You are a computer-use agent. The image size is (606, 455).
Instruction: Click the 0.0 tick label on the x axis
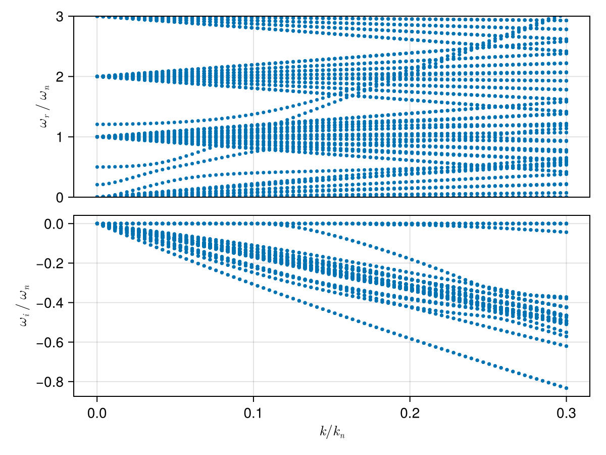click(x=96, y=413)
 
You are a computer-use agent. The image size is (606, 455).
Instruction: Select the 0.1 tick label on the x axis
click(x=253, y=413)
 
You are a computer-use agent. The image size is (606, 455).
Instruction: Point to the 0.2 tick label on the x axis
click(x=410, y=413)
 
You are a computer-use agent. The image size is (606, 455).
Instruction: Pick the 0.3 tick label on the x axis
click(x=566, y=413)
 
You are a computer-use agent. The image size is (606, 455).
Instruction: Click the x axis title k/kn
click(x=332, y=432)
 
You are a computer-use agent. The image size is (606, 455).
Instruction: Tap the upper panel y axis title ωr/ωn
click(x=44, y=107)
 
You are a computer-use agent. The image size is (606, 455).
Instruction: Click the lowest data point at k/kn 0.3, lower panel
click(x=566, y=388)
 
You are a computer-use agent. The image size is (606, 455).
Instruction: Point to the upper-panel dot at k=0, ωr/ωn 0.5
click(x=97, y=167)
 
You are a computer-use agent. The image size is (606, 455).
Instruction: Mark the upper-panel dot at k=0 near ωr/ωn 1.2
click(x=97, y=124)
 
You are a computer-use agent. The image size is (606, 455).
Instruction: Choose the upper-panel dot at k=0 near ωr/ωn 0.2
click(x=97, y=185)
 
